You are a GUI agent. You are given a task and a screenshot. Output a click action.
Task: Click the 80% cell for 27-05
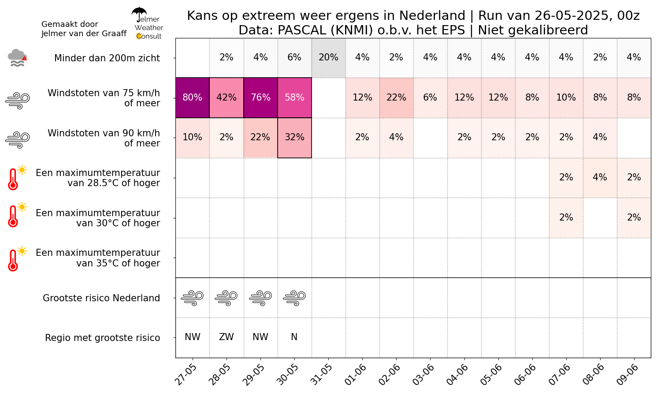pos(193,97)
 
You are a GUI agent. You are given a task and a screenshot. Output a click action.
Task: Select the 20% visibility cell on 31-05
pos(328,58)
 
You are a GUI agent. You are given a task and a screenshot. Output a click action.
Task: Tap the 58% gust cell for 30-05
pos(294,97)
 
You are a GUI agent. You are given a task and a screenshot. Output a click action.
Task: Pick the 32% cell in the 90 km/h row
pos(294,138)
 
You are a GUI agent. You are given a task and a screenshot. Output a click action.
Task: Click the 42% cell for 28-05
pos(227,97)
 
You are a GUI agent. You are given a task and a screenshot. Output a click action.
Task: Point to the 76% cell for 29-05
pos(260,97)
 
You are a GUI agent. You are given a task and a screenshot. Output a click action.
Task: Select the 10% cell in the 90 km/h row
pos(193,138)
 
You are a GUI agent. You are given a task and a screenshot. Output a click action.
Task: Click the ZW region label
pos(227,337)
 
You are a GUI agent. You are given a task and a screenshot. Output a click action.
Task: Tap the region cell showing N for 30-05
pos(294,337)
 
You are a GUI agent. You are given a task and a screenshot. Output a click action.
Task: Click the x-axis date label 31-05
pos(321,375)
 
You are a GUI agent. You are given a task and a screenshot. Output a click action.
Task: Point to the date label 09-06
pos(627,375)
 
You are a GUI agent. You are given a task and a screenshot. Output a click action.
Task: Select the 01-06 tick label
pos(355,375)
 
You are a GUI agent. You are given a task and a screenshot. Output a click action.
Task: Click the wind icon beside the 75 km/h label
pos(17,101)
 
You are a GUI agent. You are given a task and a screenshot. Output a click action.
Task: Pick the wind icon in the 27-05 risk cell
pos(193,298)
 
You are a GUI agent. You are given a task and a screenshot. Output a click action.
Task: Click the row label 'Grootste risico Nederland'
pos(101,298)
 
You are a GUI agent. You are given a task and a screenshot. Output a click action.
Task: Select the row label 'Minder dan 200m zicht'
pos(107,58)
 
